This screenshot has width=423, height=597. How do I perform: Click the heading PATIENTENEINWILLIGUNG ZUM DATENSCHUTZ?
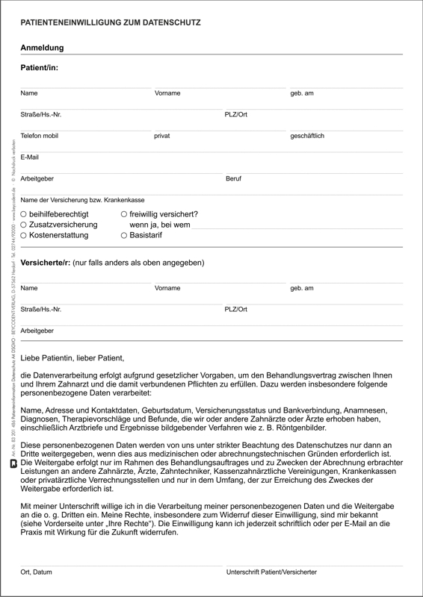[111, 23]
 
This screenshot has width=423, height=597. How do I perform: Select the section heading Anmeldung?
[42, 48]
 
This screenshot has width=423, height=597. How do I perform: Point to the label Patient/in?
[39, 67]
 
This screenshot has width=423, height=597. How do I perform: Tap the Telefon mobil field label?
[39, 137]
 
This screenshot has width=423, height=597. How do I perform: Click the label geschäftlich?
[307, 137]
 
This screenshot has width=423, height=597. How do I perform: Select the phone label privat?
[162, 137]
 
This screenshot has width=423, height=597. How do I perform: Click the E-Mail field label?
[30, 157]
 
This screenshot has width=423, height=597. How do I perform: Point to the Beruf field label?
[233, 179]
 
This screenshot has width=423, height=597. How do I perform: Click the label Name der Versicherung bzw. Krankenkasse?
[82, 200]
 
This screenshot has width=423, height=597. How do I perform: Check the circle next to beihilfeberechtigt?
[24, 214]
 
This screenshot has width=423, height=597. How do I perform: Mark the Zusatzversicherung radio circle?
[24, 225]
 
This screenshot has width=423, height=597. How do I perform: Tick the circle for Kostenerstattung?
[24, 235]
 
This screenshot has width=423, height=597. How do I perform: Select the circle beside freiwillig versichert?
[124, 214]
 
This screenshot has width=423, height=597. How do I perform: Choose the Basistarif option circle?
[124, 235]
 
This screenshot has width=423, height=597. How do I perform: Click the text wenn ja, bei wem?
[160, 225]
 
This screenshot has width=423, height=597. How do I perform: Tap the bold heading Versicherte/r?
[46, 263]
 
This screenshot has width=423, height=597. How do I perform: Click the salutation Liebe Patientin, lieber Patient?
[72, 358]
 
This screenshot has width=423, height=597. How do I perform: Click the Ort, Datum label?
[37, 572]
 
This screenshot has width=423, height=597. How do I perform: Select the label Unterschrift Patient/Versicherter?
[271, 572]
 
